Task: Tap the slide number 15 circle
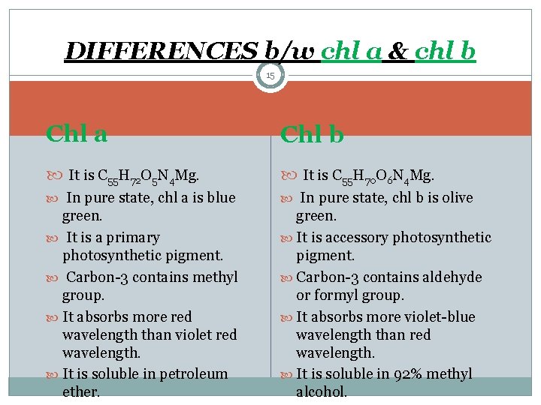pyautogui.click(x=270, y=76)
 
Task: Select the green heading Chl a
pyautogui.click(x=76, y=133)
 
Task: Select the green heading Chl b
pyautogui.click(x=312, y=134)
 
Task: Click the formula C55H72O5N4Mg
pyautogui.click(x=148, y=177)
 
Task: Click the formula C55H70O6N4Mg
pyautogui.click(x=382, y=177)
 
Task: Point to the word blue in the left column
pyautogui.click(x=221, y=198)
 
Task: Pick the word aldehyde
pyautogui.click(x=452, y=277)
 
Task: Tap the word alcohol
pyautogui.click(x=322, y=391)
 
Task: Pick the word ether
pyautogui.click(x=80, y=391)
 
